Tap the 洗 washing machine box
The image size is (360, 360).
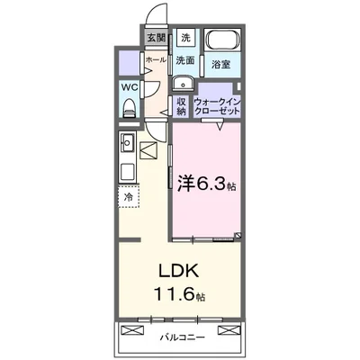click(185, 38)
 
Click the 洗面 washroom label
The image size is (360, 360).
click(185, 61)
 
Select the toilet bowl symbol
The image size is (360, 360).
click(129, 108)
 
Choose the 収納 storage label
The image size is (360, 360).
click(182, 105)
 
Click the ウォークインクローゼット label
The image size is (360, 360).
click(216, 105)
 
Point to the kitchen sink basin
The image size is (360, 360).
click(127, 142)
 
